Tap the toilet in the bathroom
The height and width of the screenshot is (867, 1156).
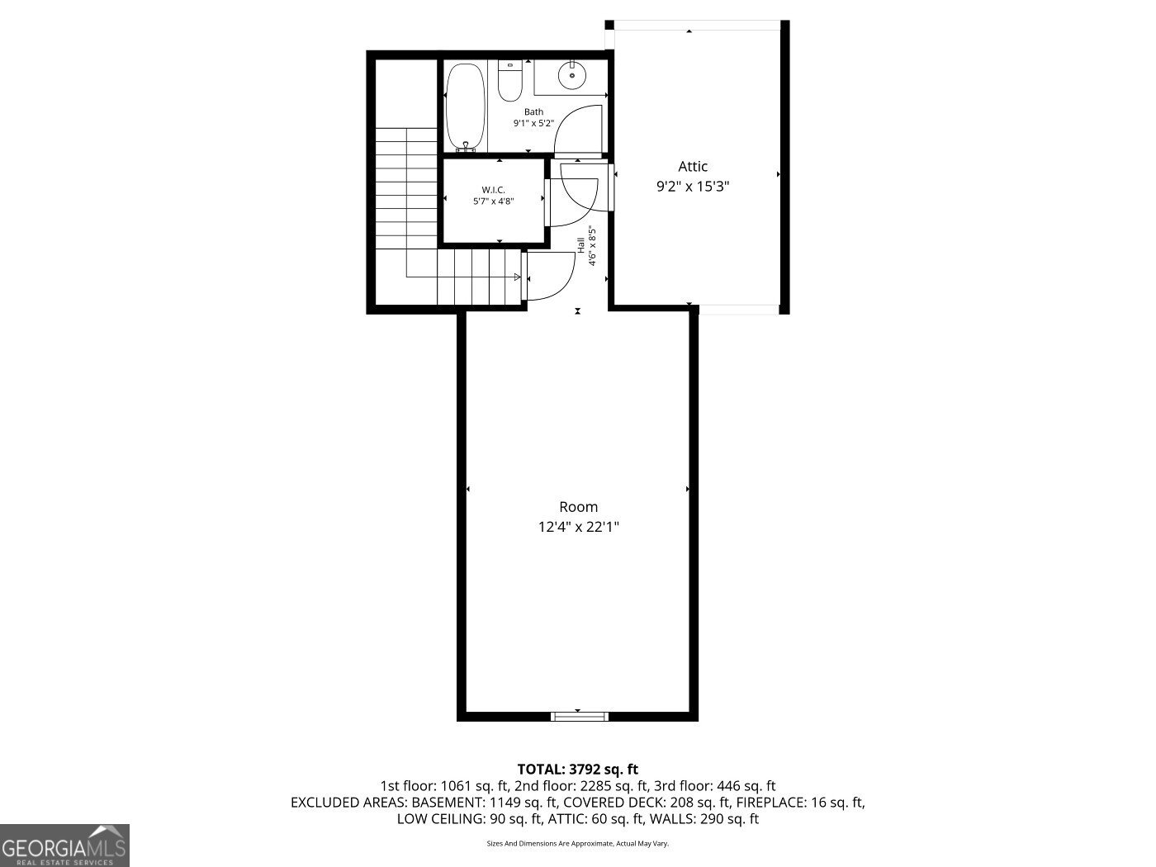[x=510, y=83]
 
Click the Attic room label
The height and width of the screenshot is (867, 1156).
[x=693, y=167]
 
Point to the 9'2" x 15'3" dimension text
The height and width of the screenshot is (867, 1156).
[x=693, y=187]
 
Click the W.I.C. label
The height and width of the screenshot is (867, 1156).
[x=494, y=190]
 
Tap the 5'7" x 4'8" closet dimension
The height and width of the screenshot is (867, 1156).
[x=494, y=201]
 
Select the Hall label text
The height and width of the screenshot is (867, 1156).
[x=581, y=245]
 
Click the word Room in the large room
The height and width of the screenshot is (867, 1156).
[x=578, y=507]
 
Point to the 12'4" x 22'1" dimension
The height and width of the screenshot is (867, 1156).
[x=578, y=527]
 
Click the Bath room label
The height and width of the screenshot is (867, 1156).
[x=533, y=111]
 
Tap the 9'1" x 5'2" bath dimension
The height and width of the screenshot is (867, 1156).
[x=533, y=123]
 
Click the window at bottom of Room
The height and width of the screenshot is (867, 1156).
[x=580, y=716]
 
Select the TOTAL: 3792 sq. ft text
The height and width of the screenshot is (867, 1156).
[x=577, y=770]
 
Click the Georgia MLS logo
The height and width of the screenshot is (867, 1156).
[x=64, y=846]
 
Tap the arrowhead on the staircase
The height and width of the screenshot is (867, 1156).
[x=517, y=277]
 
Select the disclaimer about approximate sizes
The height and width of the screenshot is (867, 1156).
[x=577, y=844]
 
